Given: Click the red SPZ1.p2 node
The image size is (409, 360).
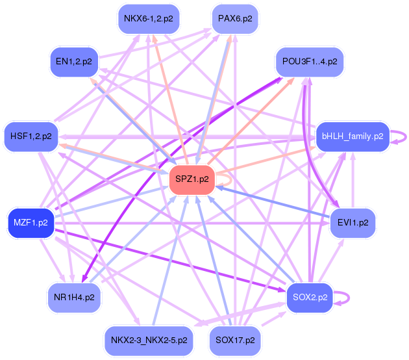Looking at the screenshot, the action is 192,180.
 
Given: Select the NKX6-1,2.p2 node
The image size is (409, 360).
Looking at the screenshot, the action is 149,18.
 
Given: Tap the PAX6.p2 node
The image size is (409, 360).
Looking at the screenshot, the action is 235,18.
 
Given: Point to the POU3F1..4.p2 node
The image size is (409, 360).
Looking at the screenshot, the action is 310,62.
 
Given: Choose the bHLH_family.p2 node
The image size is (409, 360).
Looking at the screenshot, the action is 351,136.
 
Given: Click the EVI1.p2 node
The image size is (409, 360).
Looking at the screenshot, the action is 353,222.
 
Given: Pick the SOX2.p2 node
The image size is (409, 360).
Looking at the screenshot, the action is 310,297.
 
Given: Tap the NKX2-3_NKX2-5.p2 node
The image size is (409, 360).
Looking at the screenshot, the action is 149,340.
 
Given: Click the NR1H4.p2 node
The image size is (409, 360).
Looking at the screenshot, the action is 74,298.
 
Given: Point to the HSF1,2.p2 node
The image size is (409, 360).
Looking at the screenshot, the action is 31,136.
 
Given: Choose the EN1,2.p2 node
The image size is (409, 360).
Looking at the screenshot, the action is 73,62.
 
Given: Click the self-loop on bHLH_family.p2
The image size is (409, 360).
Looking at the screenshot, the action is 404,136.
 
